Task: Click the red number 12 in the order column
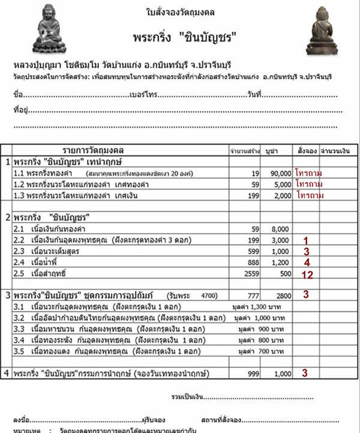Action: tap(306, 274)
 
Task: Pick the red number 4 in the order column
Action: tap(306, 262)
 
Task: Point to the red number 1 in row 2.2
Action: tap(306, 240)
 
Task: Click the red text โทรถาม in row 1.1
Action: tap(309, 173)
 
